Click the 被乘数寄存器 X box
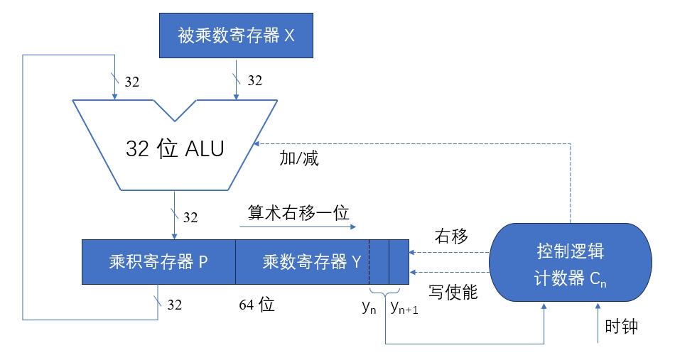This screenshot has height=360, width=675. [236, 36]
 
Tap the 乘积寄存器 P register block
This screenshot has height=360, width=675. [158, 261]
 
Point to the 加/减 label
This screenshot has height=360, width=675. [299, 158]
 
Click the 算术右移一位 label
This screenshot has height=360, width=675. [298, 212]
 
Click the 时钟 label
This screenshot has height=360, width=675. [622, 327]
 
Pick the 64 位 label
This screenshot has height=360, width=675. [256, 305]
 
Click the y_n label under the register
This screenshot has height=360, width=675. [369, 307]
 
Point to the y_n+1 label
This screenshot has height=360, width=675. [404, 308]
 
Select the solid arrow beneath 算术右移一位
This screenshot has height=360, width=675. [297, 227]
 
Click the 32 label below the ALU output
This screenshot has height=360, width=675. [191, 217]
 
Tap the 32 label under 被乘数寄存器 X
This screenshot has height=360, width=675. [254, 81]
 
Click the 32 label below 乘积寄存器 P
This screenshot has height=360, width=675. [174, 305]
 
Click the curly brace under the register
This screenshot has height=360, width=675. [384, 293]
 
